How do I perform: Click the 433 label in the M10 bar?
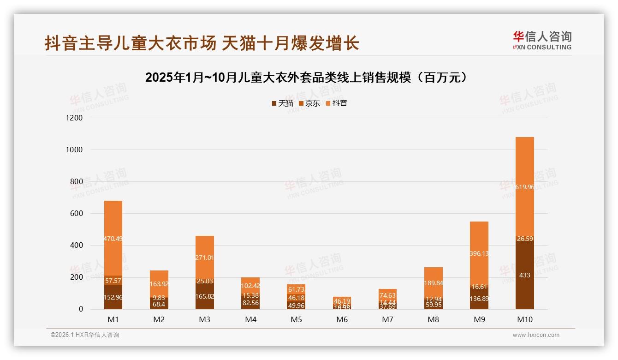tap(524, 275)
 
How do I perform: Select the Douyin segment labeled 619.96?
tap(524, 187)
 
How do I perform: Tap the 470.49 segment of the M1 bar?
tap(113, 239)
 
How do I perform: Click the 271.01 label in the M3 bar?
tap(204, 258)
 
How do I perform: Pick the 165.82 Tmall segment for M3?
tap(204, 297)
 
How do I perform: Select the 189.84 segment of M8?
tap(433, 283)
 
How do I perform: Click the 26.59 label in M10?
tap(524, 239)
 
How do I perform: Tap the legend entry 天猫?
tap(282, 103)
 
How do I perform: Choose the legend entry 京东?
tap(309, 103)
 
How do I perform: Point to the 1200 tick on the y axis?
tap(74, 118)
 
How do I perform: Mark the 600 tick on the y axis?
tap(77, 214)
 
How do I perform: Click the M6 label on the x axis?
tap(342, 320)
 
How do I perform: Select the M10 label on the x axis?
tap(524, 320)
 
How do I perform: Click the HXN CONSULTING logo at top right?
tap(542, 41)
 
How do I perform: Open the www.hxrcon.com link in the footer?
tap(536, 335)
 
